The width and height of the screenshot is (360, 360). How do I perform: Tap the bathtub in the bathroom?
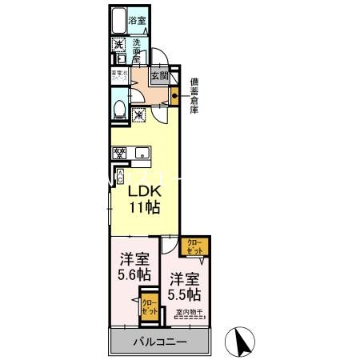(x=120, y=22)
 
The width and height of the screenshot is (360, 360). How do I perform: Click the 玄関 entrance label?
(x=158, y=77)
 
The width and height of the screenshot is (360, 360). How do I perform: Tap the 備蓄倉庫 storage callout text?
(x=194, y=95)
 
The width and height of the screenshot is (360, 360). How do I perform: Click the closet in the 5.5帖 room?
(x=196, y=246)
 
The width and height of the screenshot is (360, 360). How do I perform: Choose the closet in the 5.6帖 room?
(x=149, y=309)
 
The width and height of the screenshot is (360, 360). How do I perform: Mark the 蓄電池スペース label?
(x=116, y=78)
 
